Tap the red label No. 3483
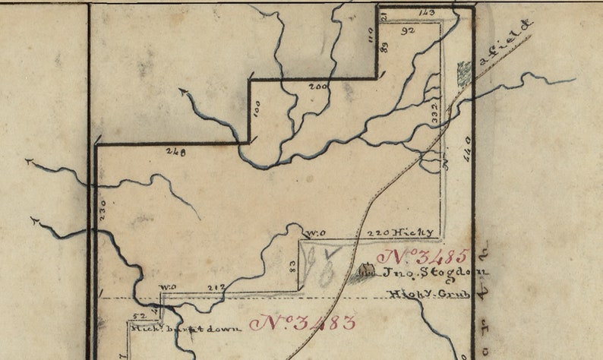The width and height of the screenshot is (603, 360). [302, 323]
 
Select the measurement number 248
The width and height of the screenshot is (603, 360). [175, 152]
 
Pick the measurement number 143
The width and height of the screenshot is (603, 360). [427, 13]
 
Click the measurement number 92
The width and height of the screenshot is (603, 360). [408, 31]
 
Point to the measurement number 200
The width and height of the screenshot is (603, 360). [317, 87]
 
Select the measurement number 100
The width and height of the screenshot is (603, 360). [257, 111]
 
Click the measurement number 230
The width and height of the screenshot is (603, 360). [103, 210]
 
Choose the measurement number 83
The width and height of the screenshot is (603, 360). [292, 266]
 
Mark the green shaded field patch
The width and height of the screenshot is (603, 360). [463, 73]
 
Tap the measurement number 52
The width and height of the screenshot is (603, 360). [139, 315]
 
